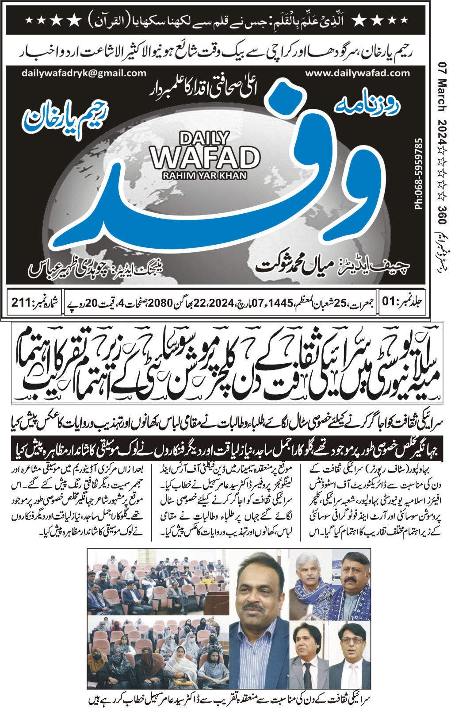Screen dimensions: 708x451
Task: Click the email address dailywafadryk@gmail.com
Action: [84, 73]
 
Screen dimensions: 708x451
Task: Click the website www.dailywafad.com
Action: [357, 73]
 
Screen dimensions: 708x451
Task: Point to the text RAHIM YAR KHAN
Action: [205, 175]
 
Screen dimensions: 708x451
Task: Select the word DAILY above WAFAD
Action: [205, 139]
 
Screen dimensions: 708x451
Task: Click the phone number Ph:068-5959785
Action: [419, 173]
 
